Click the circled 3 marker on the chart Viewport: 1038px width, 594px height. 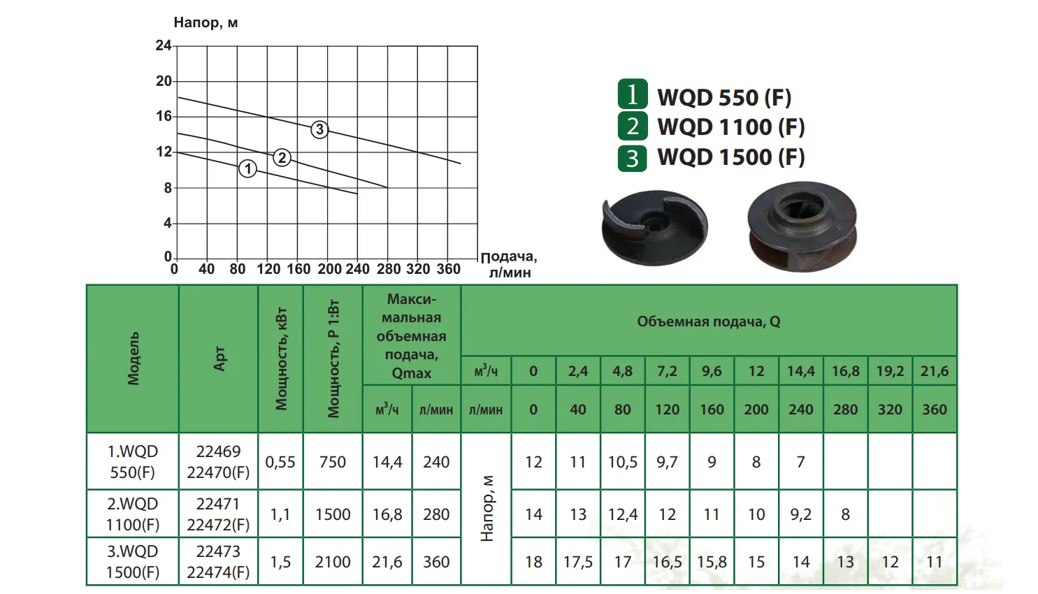click(x=319, y=129)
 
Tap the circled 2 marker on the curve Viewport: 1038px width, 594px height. click(x=282, y=157)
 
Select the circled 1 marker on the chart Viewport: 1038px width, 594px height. click(x=247, y=168)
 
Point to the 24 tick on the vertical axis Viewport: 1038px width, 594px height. click(x=164, y=45)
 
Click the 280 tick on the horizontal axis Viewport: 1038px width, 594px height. click(x=389, y=269)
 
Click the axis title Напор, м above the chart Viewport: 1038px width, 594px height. click(x=206, y=22)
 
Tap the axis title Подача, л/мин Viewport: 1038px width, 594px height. click(x=509, y=265)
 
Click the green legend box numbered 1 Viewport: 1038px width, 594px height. click(x=632, y=95)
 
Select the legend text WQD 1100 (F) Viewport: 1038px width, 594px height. click(x=730, y=127)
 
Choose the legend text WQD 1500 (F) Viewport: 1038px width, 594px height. click(x=730, y=157)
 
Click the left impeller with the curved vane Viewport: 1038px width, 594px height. click(x=654, y=227)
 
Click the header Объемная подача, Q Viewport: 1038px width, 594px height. click(x=708, y=321)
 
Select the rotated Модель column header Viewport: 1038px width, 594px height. click(x=133, y=358)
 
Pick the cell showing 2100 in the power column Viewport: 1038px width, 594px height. click(x=333, y=562)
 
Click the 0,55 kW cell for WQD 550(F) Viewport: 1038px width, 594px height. click(x=280, y=462)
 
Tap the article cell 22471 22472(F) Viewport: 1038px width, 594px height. click(x=218, y=514)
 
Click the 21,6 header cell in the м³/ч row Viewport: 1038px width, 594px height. click(x=934, y=371)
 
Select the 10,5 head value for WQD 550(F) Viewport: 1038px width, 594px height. click(x=622, y=462)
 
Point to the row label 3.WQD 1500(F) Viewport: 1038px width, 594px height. click(x=133, y=562)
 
